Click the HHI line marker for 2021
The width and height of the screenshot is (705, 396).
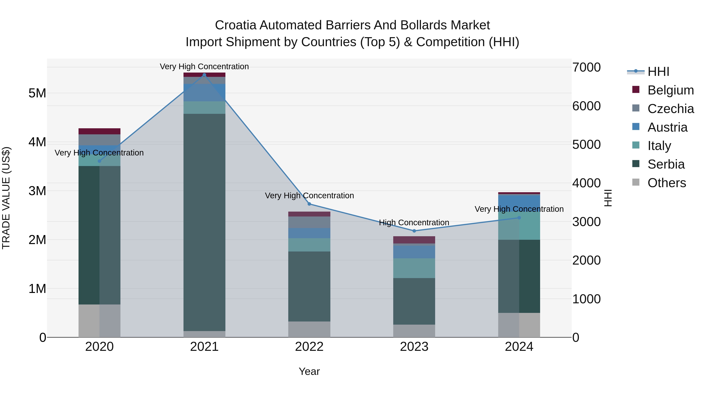[x=204, y=75]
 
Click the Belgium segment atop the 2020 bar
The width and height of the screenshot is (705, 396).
[x=99, y=131]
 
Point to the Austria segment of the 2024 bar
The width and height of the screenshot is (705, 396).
[x=519, y=203]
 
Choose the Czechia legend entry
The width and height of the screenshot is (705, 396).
[x=671, y=109]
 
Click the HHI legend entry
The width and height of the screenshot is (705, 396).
[x=658, y=72]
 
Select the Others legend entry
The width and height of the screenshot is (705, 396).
[x=666, y=183]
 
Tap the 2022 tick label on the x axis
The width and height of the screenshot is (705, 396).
[x=309, y=347]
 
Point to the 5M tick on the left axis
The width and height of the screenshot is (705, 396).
[x=37, y=93]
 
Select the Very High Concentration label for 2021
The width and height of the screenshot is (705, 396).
[x=204, y=66]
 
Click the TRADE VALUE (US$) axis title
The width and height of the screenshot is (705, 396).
[x=6, y=198]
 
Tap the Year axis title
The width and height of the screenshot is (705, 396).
[x=309, y=371]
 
